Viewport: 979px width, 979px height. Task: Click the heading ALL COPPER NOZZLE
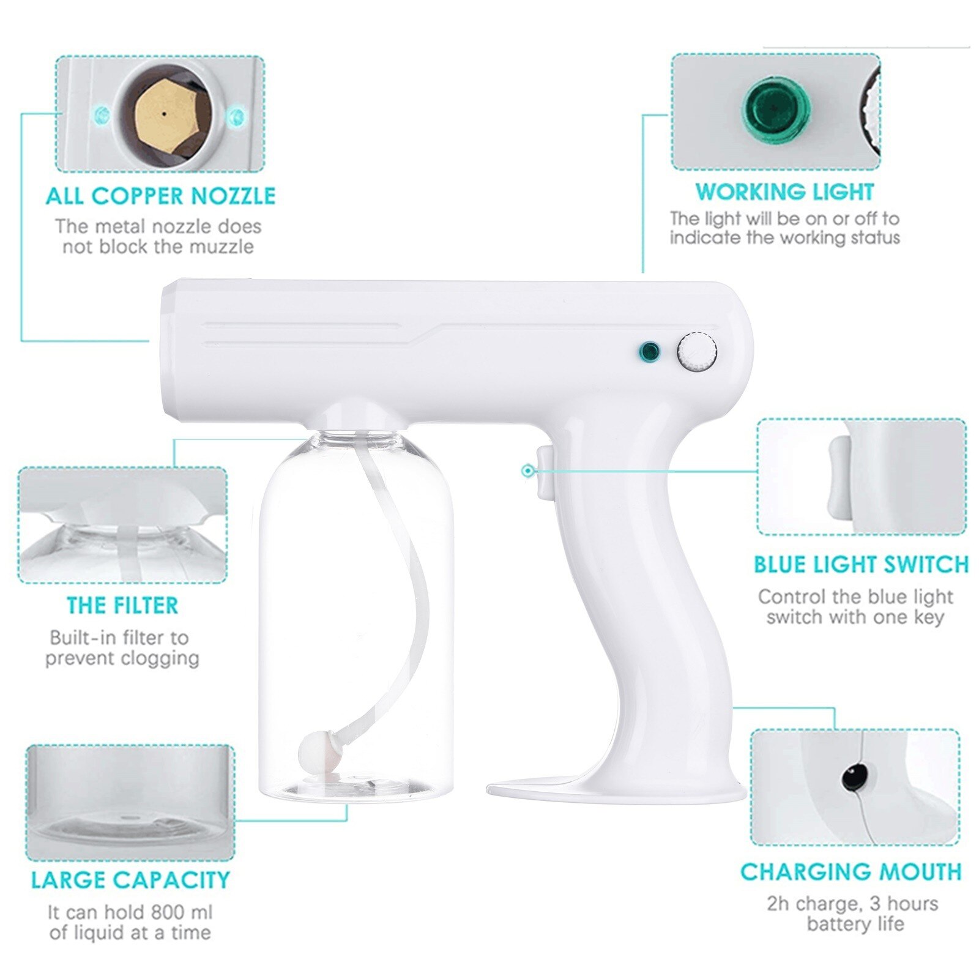coord(160,196)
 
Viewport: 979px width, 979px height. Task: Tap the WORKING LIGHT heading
coord(784,192)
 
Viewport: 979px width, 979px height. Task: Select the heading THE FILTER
coord(122,605)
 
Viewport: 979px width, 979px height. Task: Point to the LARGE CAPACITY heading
coord(130,880)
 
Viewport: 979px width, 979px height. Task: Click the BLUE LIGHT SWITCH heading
coord(861,564)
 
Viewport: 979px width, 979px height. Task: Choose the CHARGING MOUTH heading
coord(851,872)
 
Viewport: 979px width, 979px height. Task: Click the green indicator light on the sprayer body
coord(649,351)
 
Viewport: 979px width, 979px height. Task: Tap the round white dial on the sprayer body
coord(697,352)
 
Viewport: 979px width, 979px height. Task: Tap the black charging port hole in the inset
coord(851,778)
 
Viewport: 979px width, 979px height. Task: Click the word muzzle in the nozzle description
coord(222,247)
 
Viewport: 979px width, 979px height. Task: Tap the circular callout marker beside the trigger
coord(527,470)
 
